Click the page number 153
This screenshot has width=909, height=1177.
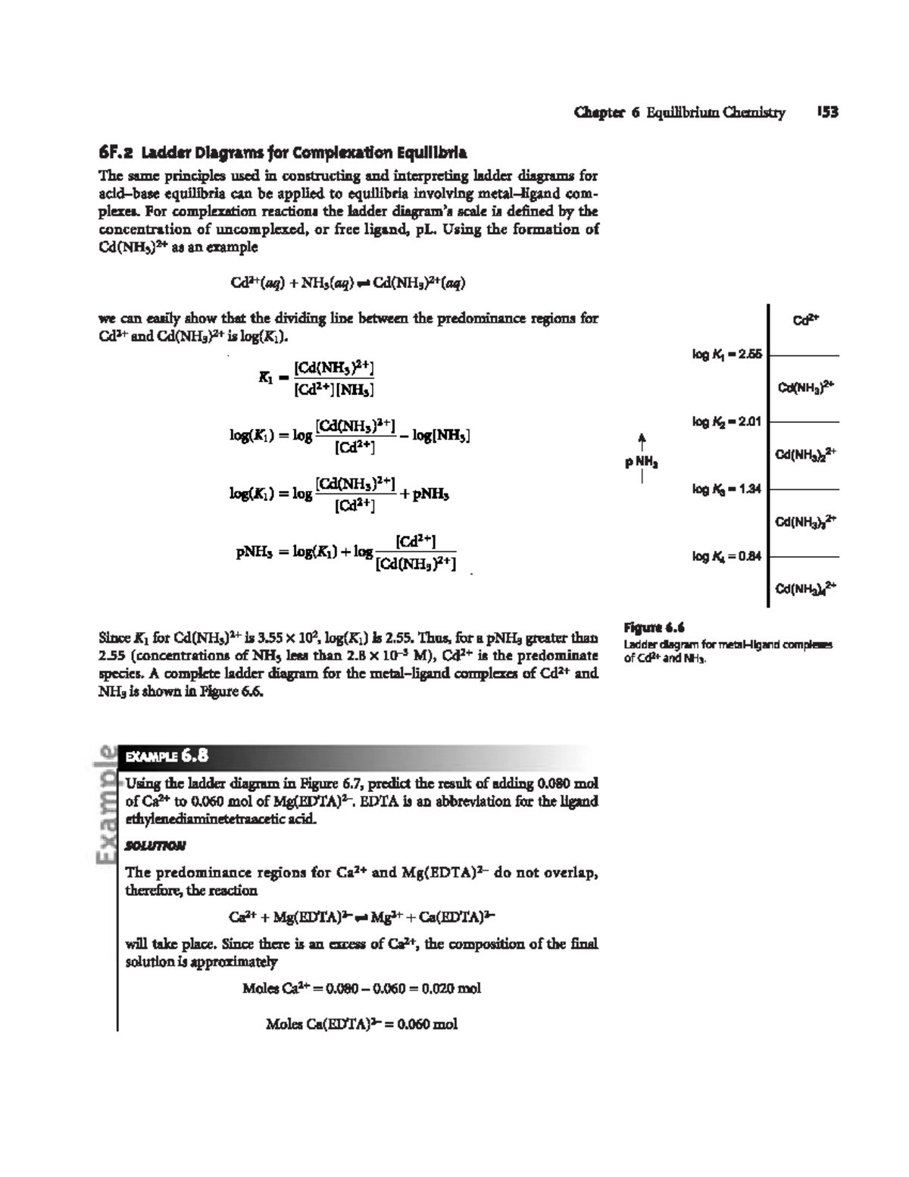coord(827,113)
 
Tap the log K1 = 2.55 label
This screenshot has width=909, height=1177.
coord(726,353)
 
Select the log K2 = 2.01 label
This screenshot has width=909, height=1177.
coord(726,421)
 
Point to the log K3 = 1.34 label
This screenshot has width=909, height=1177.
coord(726,489)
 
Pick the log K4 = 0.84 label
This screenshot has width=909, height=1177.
coord(726,556)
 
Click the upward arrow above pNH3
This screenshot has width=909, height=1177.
coord(642,440)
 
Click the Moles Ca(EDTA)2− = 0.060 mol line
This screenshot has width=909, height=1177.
coord(362,1025)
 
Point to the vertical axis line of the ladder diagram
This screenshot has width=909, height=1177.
coord(769,455)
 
